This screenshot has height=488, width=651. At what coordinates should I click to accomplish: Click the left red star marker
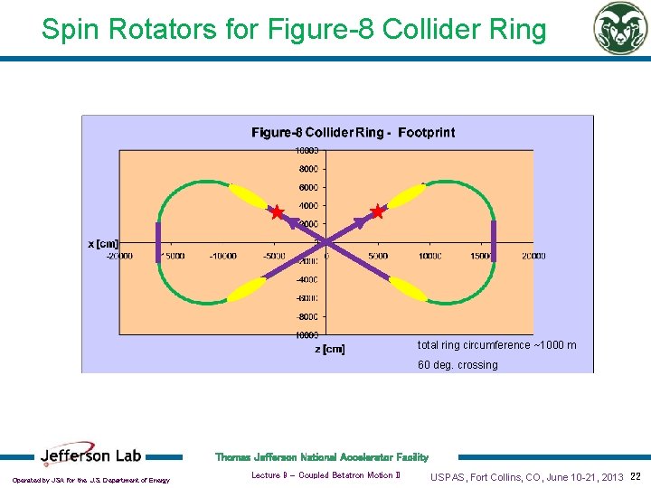click(277, 212)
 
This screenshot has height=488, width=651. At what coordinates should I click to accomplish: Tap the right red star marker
click(377, 212)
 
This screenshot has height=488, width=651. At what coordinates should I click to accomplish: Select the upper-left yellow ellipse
click(246, 195)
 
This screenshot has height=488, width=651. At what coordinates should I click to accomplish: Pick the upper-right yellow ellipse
click(408, 195)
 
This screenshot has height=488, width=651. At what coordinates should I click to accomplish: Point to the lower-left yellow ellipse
click(246, 289)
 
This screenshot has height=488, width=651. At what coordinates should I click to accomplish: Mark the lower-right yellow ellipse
click(408, 289)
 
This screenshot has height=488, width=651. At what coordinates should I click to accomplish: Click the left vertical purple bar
click(158, 242)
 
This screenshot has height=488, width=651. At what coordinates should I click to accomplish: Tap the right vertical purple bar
click(494, 240)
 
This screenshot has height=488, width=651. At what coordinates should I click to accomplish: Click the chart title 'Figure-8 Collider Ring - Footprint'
click(353, 133)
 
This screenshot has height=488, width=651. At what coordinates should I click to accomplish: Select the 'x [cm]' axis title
click(102, 243)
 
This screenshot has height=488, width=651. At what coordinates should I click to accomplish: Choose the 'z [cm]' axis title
click(329, 349)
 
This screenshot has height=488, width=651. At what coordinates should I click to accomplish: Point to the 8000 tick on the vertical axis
click(307, 169)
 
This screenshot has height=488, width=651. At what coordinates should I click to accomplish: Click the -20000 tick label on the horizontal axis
click(119, 256)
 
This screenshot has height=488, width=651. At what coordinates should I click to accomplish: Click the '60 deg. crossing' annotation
click(457, 365)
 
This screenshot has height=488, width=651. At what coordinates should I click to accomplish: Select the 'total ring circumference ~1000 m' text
click(496, 345)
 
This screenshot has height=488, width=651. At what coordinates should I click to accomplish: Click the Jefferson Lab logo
click(91, 457)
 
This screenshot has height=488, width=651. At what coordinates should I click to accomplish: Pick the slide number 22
click(635, 476)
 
